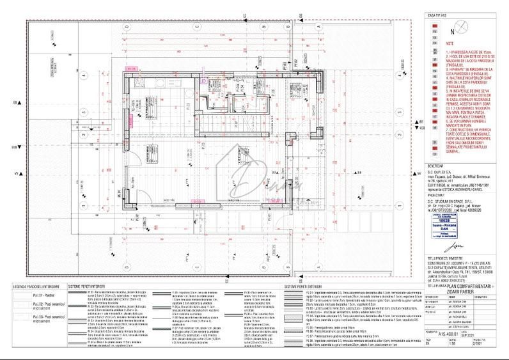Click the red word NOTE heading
(x=439, y=43)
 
